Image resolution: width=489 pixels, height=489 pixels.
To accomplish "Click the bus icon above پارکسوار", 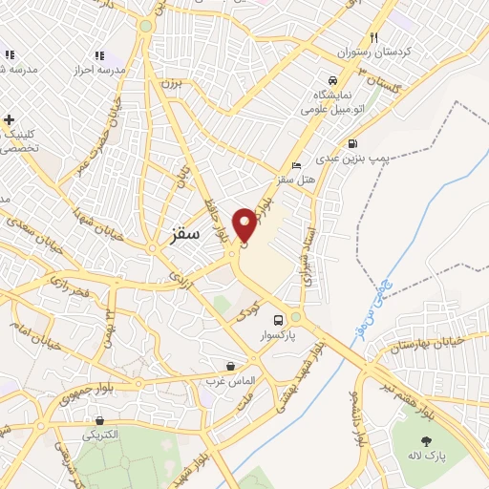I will (x=278, y=320).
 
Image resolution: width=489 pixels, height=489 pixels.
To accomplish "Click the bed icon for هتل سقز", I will (x=296, y=164).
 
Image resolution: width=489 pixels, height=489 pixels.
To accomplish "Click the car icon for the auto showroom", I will (x=330, y=81).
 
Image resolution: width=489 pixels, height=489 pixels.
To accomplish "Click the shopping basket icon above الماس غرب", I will (x=230, y=366).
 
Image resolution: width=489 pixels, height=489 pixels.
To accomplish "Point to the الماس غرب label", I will (x=230, y=381).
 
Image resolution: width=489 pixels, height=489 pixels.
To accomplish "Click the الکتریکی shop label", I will (x=98, y=435).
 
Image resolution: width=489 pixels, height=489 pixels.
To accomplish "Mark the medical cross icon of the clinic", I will (x=10, y=120).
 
